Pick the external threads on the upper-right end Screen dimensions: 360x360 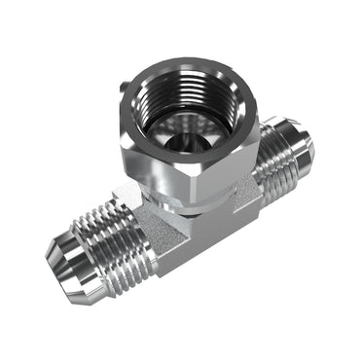tap(277, 161)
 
